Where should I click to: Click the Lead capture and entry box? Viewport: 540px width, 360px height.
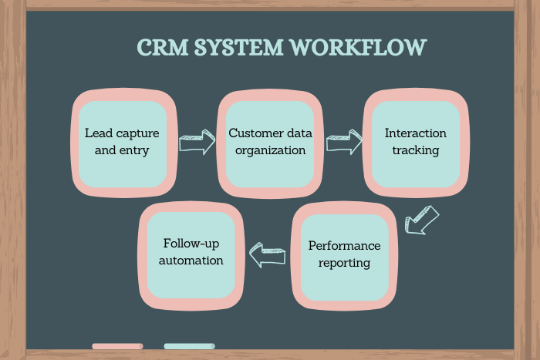tap(121, 142)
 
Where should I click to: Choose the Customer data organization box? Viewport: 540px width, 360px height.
tap(267, 142)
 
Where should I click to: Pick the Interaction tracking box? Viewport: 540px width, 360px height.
tap(415, 142)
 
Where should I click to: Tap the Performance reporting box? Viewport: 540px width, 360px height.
tap(344, 254)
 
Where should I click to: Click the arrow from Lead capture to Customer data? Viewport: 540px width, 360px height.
tap(197, 143)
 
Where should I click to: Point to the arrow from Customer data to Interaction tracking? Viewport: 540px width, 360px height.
tap(343, 142)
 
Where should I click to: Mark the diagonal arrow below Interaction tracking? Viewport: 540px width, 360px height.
tap(421, 219)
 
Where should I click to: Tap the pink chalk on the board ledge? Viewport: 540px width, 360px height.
tap(117, 346)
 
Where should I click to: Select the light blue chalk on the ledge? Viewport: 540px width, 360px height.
tap(189, 346)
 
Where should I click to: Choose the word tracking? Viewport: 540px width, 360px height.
tap(415, 150)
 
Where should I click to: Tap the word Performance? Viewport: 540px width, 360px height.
tap(344, 246)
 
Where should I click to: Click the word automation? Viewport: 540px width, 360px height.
tap(191, 261)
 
